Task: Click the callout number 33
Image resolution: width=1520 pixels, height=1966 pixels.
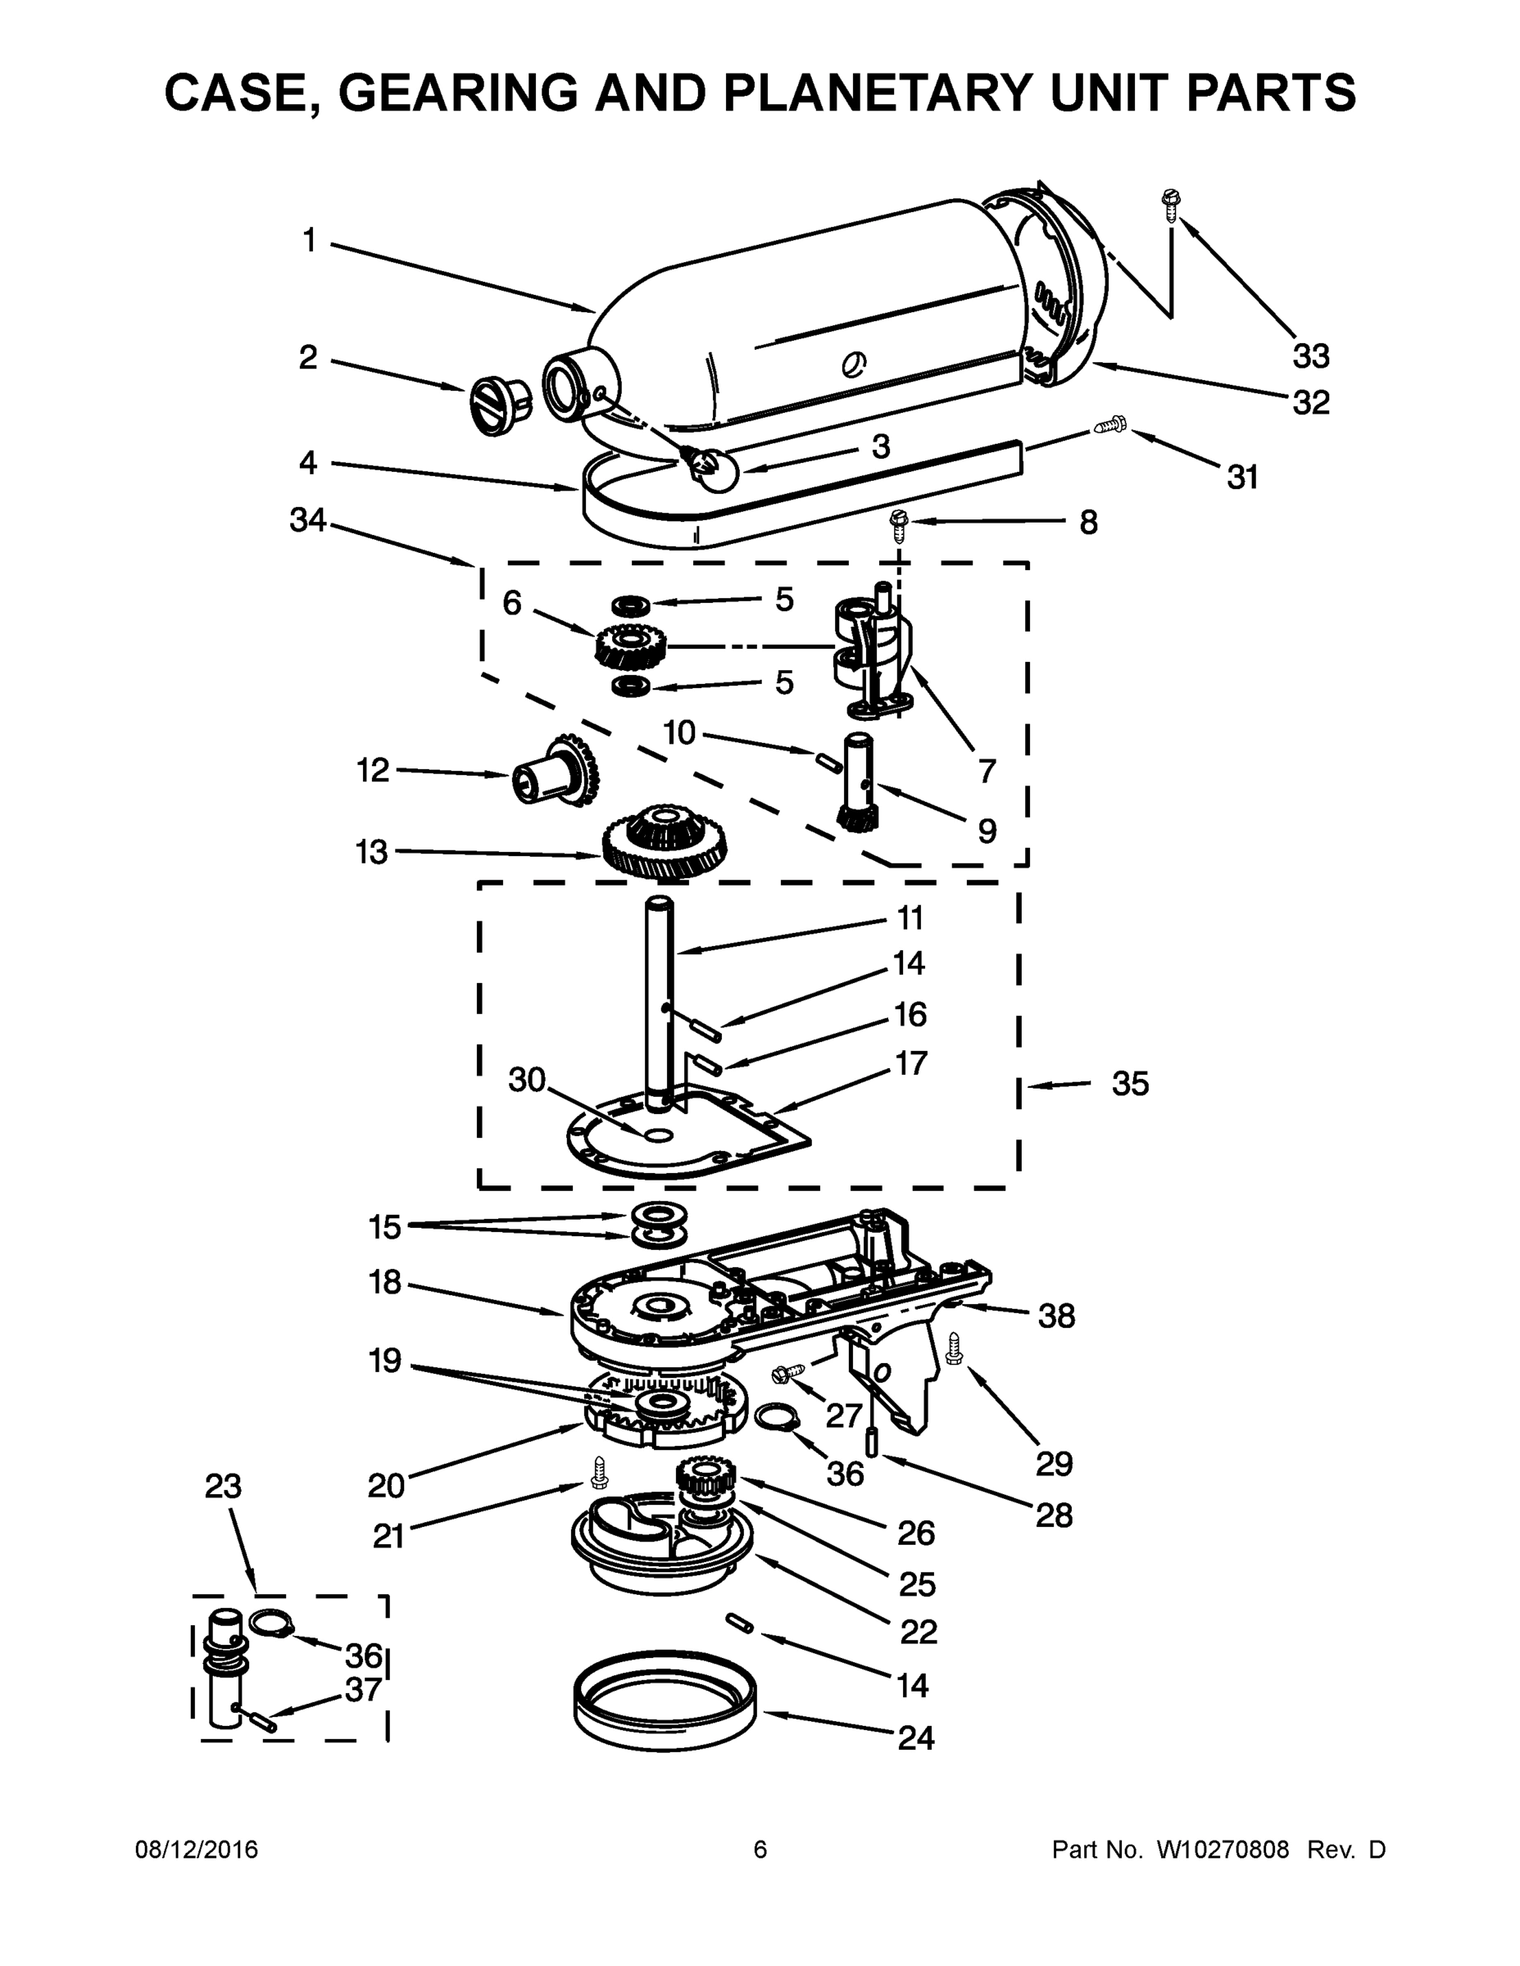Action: [1311, 356]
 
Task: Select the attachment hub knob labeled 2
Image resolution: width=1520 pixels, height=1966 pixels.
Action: [498, 405]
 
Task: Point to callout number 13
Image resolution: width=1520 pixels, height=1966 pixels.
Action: [371, 852]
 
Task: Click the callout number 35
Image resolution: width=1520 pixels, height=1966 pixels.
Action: [1130, 1084]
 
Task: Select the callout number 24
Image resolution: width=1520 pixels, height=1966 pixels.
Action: [916, 1737]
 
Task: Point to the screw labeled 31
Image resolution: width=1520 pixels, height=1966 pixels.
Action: [1110, 425]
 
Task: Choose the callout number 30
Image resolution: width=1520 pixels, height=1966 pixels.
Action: [527, 1080]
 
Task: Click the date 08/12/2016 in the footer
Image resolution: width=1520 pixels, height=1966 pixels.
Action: [197, 1850]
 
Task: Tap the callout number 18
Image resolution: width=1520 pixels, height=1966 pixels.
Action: [384, 1282]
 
